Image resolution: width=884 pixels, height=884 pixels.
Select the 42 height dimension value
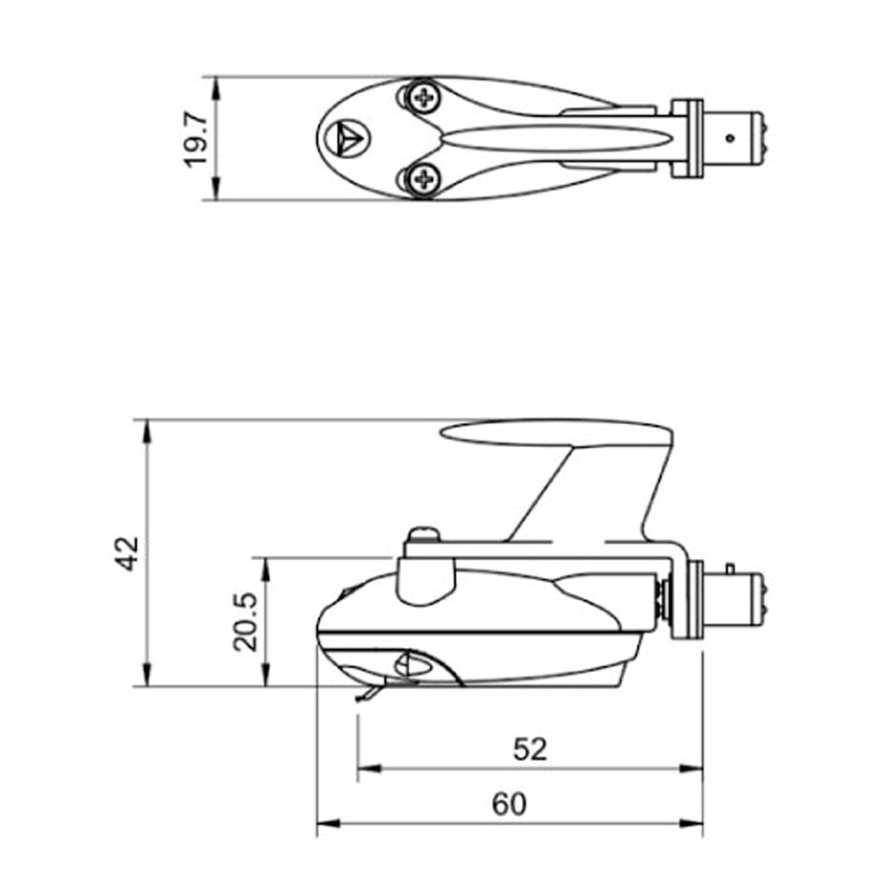(129, 553)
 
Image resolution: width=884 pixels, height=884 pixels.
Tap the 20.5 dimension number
(247, 621)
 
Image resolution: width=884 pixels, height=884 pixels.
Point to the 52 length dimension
(530, 750)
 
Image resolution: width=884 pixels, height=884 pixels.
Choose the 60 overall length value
(510, 804)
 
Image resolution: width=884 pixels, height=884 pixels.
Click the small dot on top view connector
(729, 138)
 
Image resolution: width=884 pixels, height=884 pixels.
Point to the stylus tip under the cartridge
(359, 698)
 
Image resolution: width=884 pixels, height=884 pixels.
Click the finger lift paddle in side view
(557, 433)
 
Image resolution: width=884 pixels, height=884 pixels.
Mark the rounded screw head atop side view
(424, 533)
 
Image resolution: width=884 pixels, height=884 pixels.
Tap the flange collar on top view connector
(687, 138)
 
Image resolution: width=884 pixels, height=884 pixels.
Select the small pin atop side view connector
(729, 567)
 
